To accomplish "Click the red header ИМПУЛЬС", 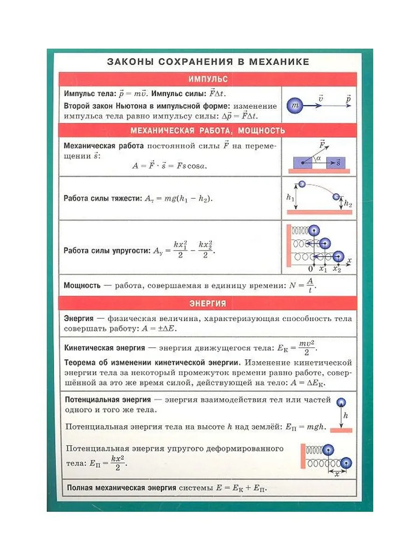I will pyautogui.click(x=208, y=79).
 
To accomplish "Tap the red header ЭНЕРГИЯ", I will pyautogui.click(x=208, y=303).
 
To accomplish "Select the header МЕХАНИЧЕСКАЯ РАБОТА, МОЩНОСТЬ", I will pyautogui.click(x=208, y=130).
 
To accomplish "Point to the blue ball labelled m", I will pyautogui.click(x=294, y=106).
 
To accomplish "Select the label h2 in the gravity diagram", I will pyautogui.click(x=348, y=203).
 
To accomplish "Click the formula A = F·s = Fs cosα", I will pyautogui.click(x=169, y=166).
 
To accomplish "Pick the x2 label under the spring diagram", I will pyautogui.click(x=337, y=269).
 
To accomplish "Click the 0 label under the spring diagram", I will pyautogui.click(x=311, y=269).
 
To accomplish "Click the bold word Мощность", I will pyautogui.click(x=82, y=285).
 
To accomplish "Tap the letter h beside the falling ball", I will pyautogui.click(x=346, y=414).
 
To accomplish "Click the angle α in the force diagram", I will pyautogui.click(x=318, y=159).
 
